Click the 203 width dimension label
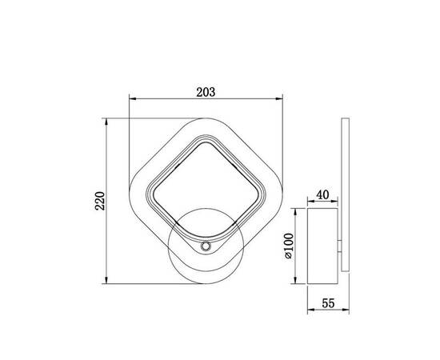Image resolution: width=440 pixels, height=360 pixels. pyautogui.click(x=206, y=92)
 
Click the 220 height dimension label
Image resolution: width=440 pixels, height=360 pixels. pyautogui.click(x=100, y=201)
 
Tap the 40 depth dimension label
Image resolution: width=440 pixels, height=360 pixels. pyautogui.click(x=322, y=194)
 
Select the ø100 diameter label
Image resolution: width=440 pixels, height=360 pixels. pyautogui.click(x=289, y=246)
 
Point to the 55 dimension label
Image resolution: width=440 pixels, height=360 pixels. pyautogui.click(x=328, y=303)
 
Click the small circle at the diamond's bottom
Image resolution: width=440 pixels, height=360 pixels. pyautogui.click(x=206, y=246)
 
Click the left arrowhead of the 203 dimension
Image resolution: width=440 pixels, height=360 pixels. pyautogui.click(x=133, y=98)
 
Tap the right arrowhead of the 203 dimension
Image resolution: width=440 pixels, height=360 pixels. pyautogui.click(x=279, y=98)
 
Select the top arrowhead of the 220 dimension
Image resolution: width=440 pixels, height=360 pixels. pyautogui.click(x=106, y=122)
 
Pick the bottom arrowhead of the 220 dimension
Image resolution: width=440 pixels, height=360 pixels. pyautogui.click(x=106, y=280)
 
